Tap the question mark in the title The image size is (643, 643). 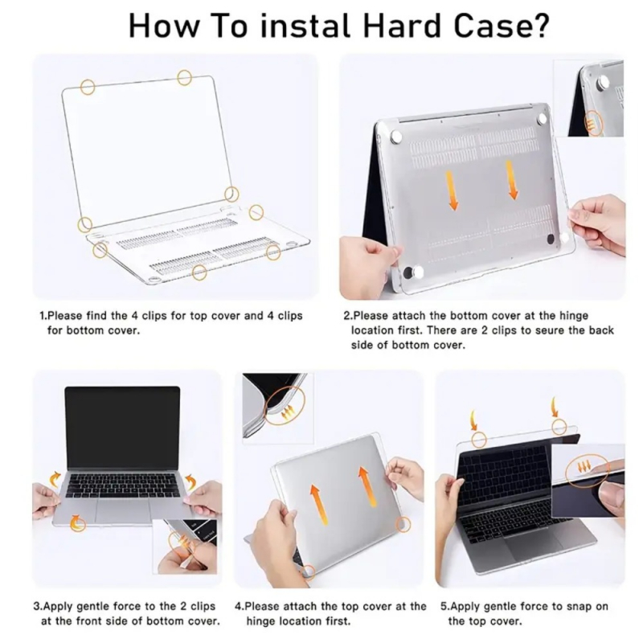click(x=539, y=26)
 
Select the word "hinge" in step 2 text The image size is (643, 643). click(x=573, y=316)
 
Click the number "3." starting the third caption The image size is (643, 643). click(x=38, y=606)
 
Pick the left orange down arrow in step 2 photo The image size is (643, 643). click(x=452, y=190)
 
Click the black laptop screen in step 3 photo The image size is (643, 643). click(x=122, y=427)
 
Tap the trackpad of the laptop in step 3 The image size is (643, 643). click(x=122, y=510)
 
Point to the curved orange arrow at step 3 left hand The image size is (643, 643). click(x=55, y=478)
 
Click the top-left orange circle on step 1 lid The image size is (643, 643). click(x=88, y=87)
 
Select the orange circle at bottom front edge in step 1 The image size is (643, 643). click(x=199, y=272)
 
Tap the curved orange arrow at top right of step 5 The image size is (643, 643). click(x=555, y=407)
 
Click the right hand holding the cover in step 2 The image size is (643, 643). click(x=600, y=223)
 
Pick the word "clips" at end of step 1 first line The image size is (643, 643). click(x=290, y=316)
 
